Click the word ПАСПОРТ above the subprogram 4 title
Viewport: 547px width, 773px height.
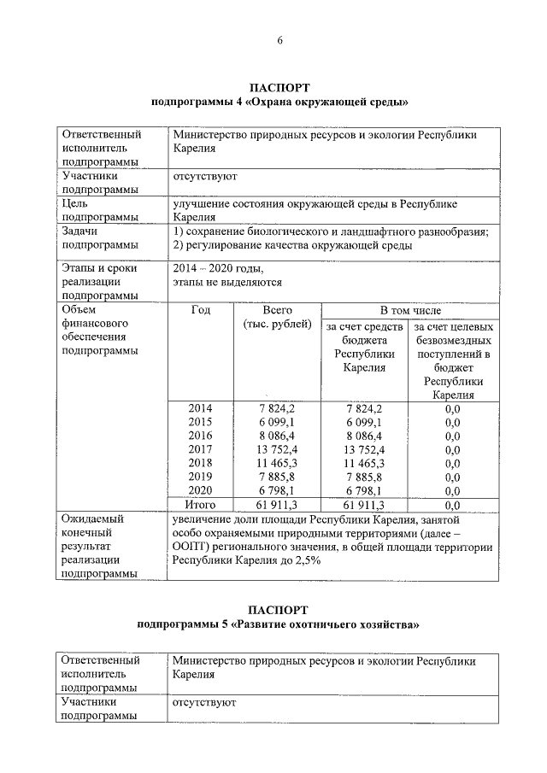tap(279, 88)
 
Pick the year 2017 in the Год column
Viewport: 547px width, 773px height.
tap(200, 449)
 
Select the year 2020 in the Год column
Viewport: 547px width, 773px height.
tap(200, 490)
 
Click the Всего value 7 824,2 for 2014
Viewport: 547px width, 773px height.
tap(278, 408)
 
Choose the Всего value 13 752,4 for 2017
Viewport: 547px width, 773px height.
tap(278, 449)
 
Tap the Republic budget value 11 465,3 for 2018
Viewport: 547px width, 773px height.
tap(365, 463)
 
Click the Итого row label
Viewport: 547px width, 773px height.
tap(200, 505)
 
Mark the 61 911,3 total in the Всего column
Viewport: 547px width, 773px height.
tap(278, 505)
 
